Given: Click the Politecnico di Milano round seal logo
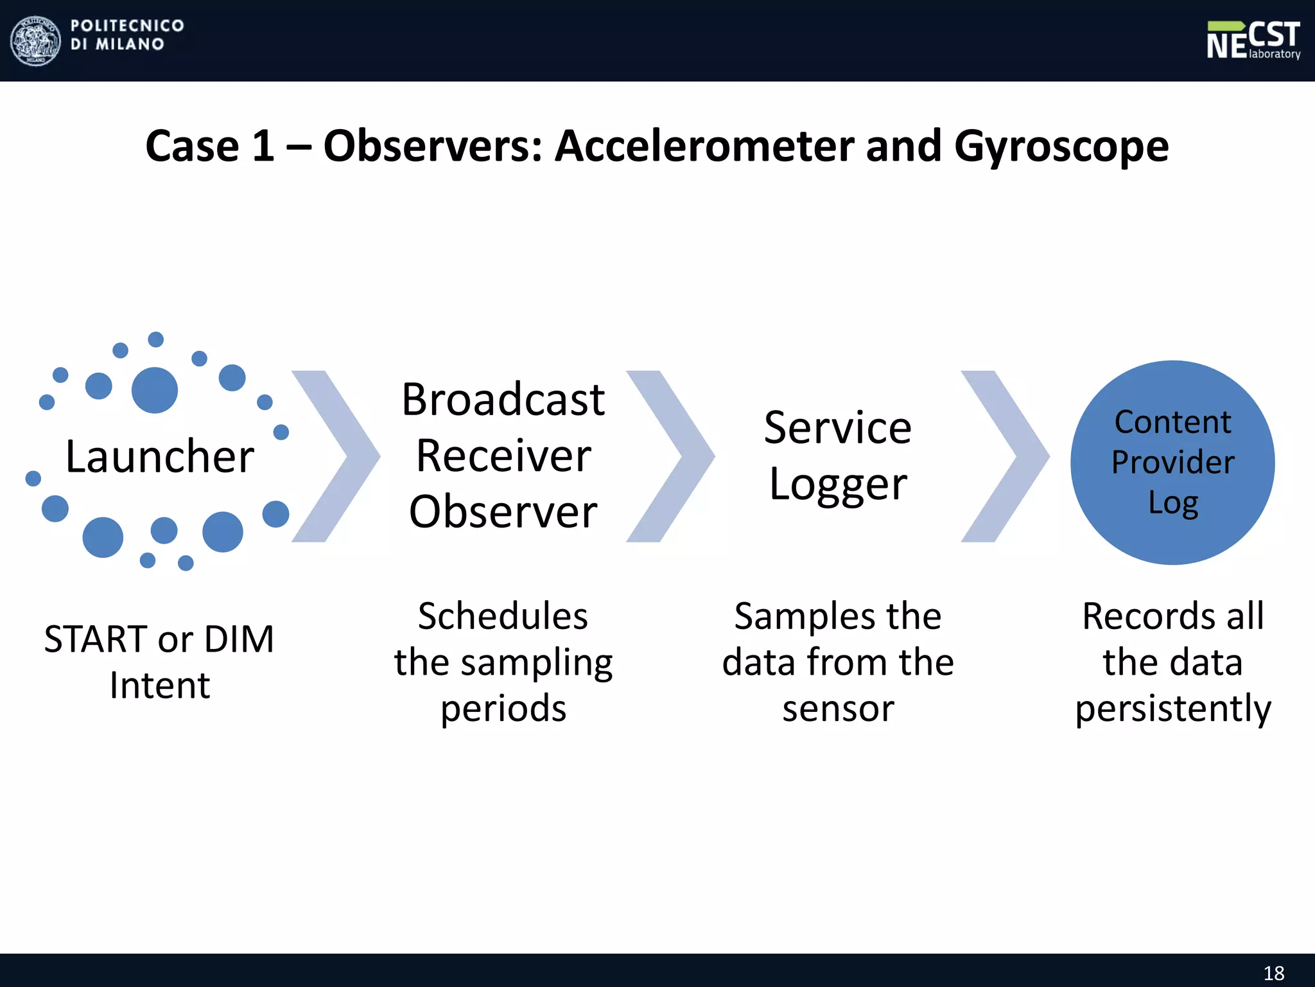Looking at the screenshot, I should (x=36, y=41).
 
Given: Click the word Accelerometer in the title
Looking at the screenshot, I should (x=704, y=147).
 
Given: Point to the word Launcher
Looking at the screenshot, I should (x=160, y=457).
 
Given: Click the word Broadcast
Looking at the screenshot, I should (x=503, y=400).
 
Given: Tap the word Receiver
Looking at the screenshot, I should (x=503, y=456).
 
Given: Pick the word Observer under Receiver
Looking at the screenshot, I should (x=503, y=512).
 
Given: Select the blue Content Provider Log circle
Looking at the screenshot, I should (x=1172, y=462).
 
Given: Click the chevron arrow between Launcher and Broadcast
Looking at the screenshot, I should (x=336, y=456).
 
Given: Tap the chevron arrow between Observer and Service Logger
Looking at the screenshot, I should (x=670, y=456).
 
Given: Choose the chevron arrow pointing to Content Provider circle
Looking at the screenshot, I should (x=1005, y=456).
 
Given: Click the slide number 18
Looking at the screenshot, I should (x=1274, y=973).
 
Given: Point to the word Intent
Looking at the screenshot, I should (x=160, y=685).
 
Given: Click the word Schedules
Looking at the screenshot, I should (x=503, y=616).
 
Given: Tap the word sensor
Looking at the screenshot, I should (x=837, y=709).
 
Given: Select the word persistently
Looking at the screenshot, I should (x=1172, y=709).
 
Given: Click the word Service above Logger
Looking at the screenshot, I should (x=837, y=428).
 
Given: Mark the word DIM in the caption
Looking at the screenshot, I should (x=239, y=639).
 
